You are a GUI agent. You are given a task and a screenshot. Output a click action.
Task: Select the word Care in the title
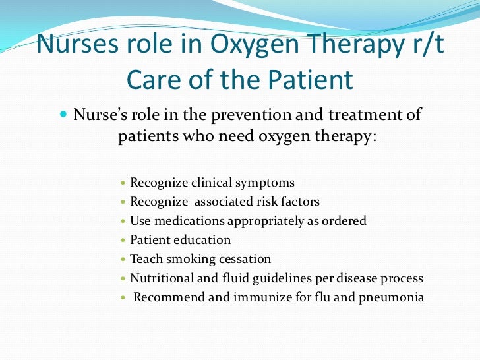(153, 80)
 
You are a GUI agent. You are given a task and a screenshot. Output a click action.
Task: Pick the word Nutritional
(161, 278)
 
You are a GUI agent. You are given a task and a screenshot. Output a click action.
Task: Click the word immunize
(271, 297)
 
